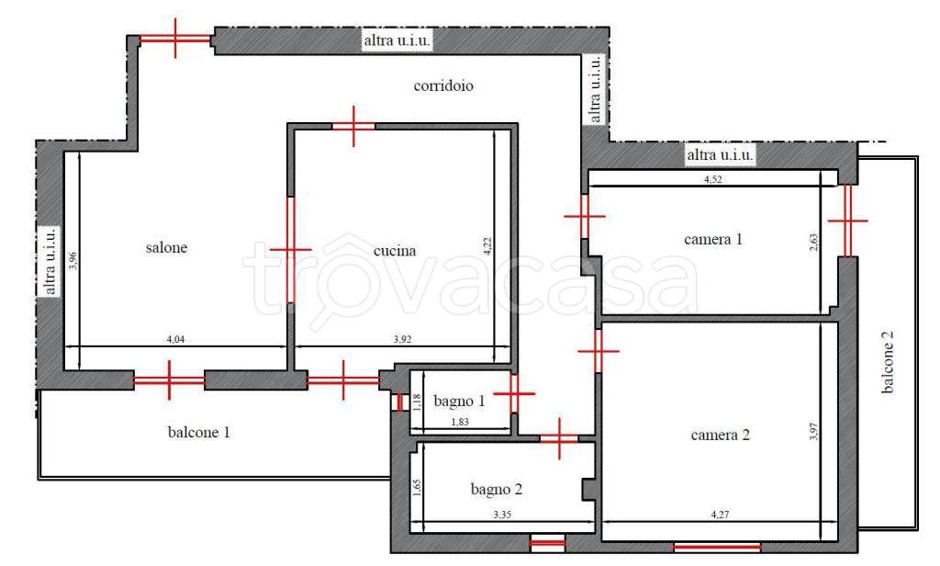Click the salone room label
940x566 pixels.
[x=167, y=247]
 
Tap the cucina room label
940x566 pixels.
[x=395, y=251]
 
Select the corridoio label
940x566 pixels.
[x=443, y=85]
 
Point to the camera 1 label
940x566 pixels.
[x=712, y=239]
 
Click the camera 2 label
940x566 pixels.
[x=720, y=435]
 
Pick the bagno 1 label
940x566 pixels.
[x=459, y=401]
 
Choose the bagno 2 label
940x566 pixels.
[x=497, y=489]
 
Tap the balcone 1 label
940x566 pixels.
[x=198, y=432]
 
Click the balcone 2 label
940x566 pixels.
[x=888, y=362]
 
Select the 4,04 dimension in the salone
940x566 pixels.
[x=175, y=339]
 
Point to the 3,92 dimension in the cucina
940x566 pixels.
[x=402, y=339]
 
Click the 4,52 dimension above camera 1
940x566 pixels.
[x=712, y=179]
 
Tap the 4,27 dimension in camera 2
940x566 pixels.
[x=720, y=515]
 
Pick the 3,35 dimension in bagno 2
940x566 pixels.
[x=502, y=515]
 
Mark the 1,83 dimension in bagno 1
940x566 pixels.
[x=459, y=422]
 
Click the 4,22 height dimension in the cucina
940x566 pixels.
[x=487, y=246]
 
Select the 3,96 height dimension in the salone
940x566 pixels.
[x=73, y=260]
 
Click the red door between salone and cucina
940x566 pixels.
[x=291, y=249]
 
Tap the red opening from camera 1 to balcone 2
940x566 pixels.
[x=847, y=221]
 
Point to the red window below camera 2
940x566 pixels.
[x=717, y=547]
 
